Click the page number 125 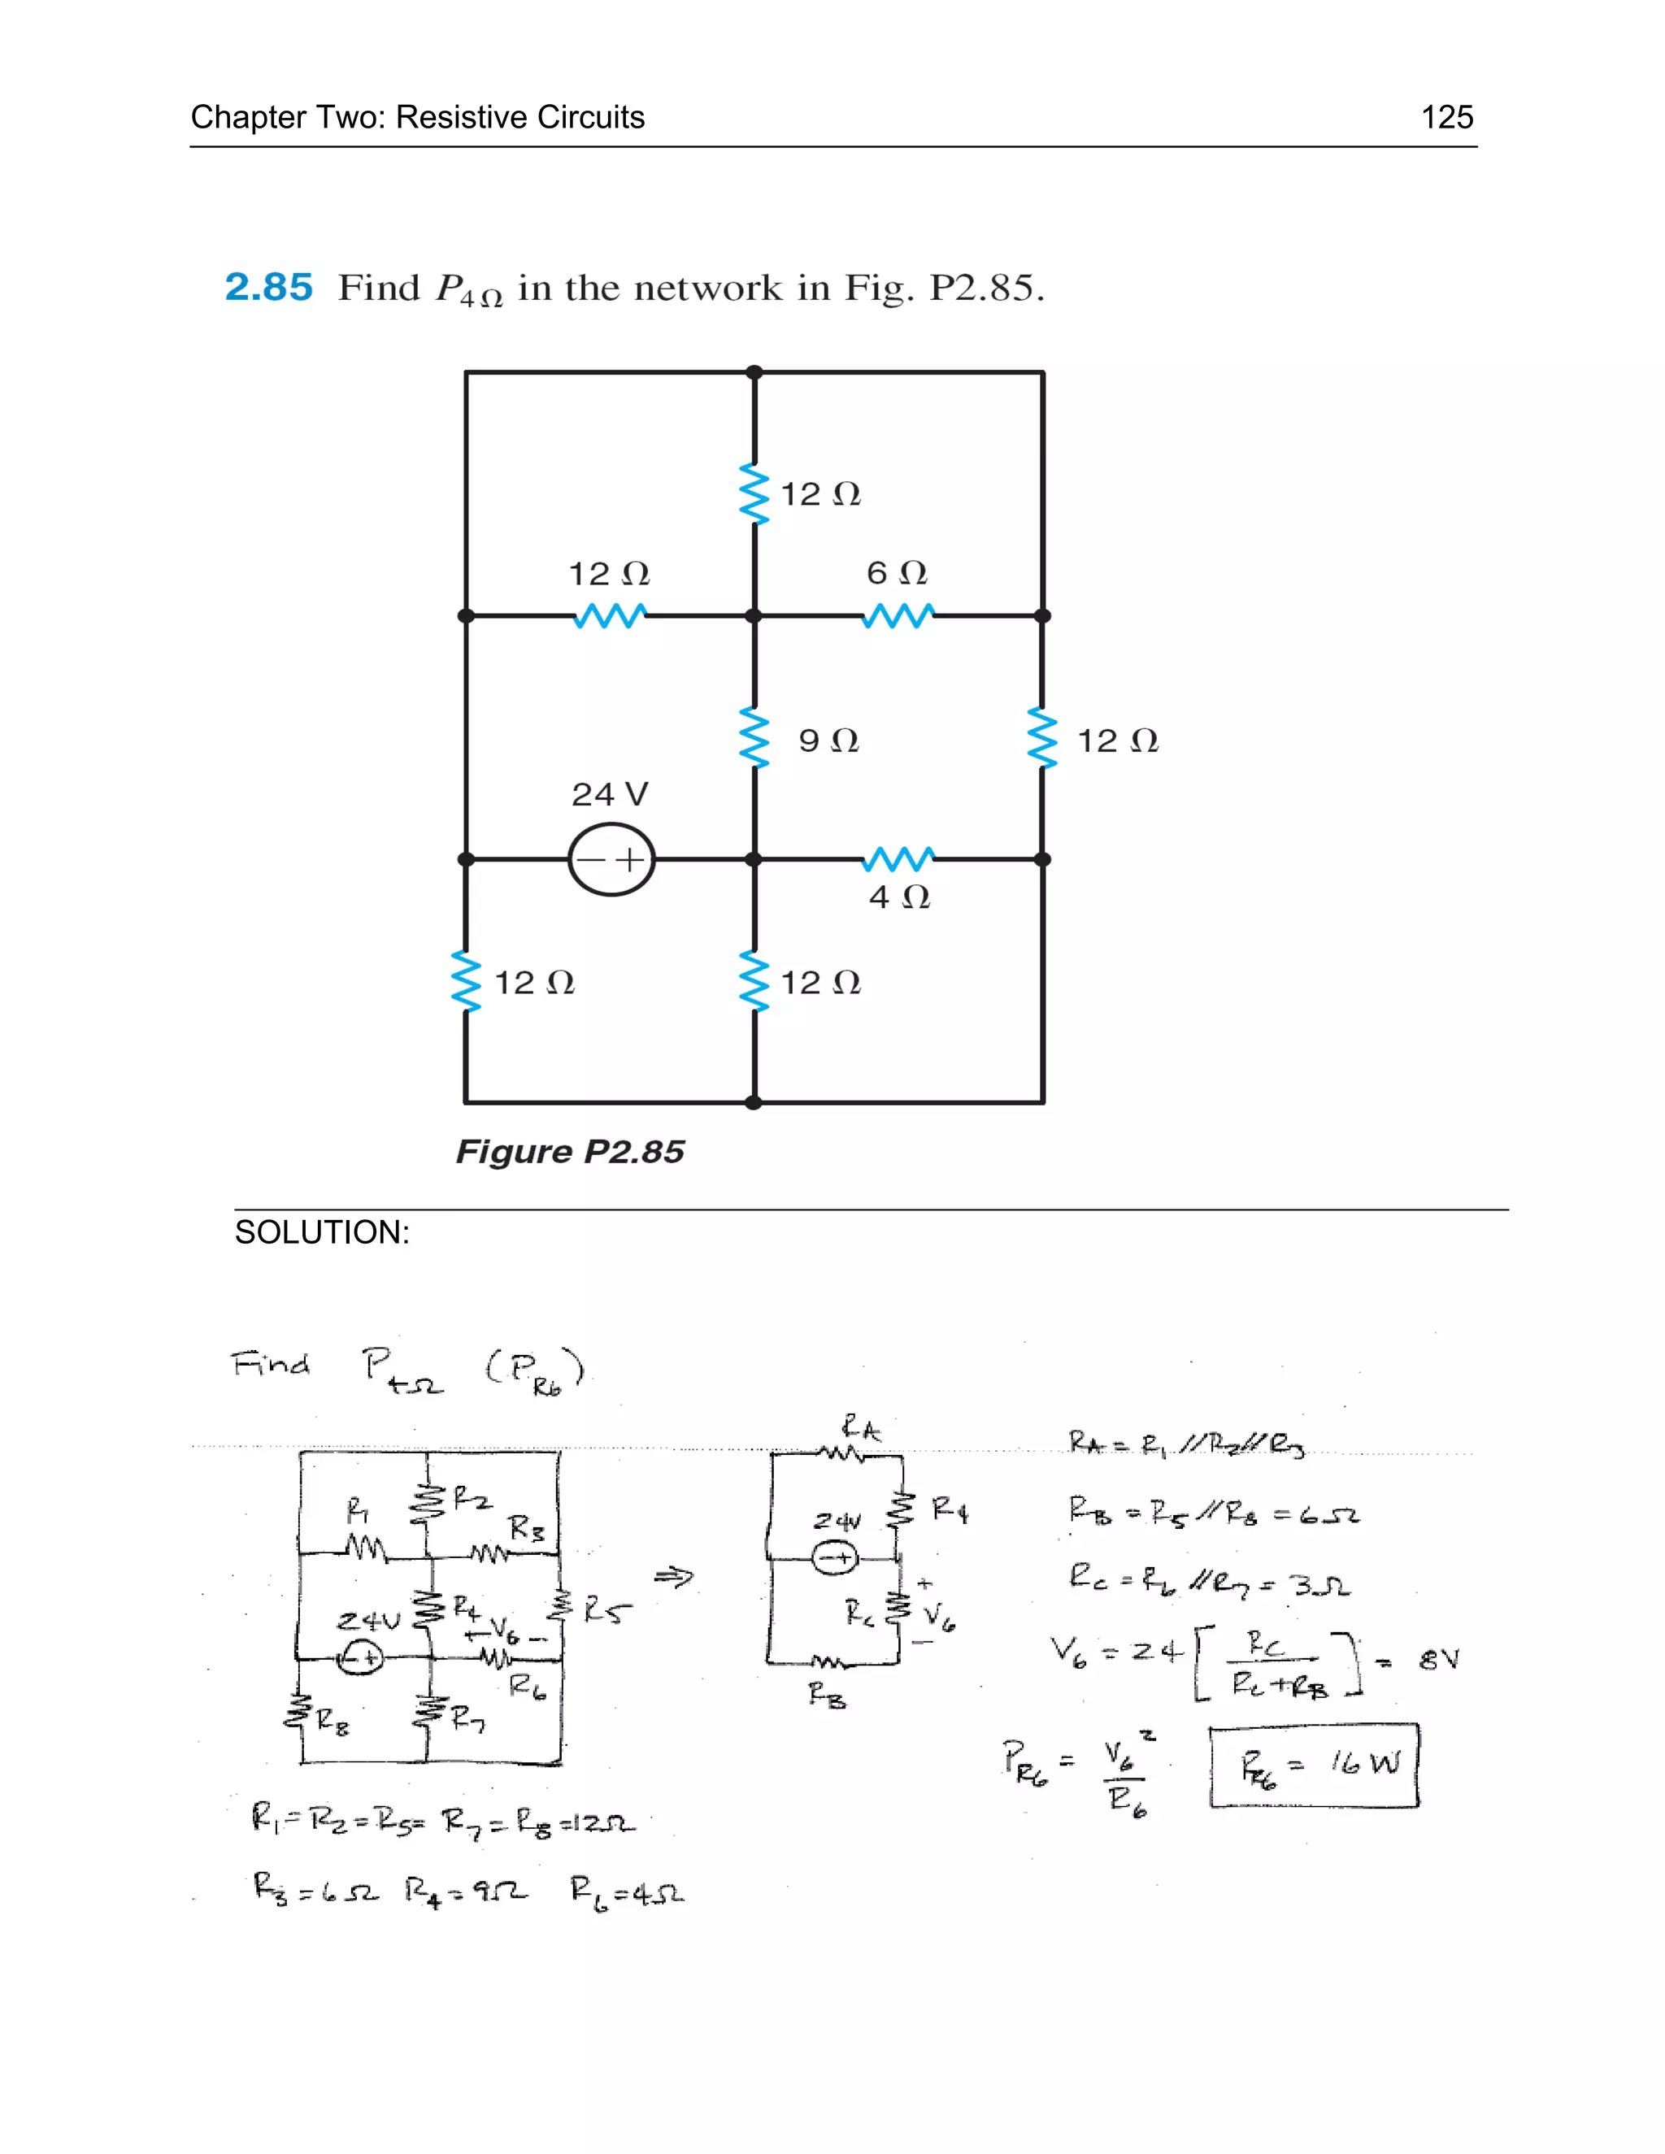(1446, 117)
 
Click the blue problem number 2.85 (268, 287)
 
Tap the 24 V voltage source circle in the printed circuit (611, 860)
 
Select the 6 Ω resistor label (897, 573)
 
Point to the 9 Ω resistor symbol (754, 738)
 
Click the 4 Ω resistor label (898, 897)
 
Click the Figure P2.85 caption (570, 1152)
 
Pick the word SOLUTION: (322, 1233)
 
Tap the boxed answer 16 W (1315, 1765)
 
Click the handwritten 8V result (1438, 1660)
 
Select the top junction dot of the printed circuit (754, 371)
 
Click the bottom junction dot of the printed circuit (754, 1103)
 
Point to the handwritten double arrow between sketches (674, 1578)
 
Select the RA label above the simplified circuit (860, 1428)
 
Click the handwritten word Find (270, 1365)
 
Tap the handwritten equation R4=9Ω (466, 1891)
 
